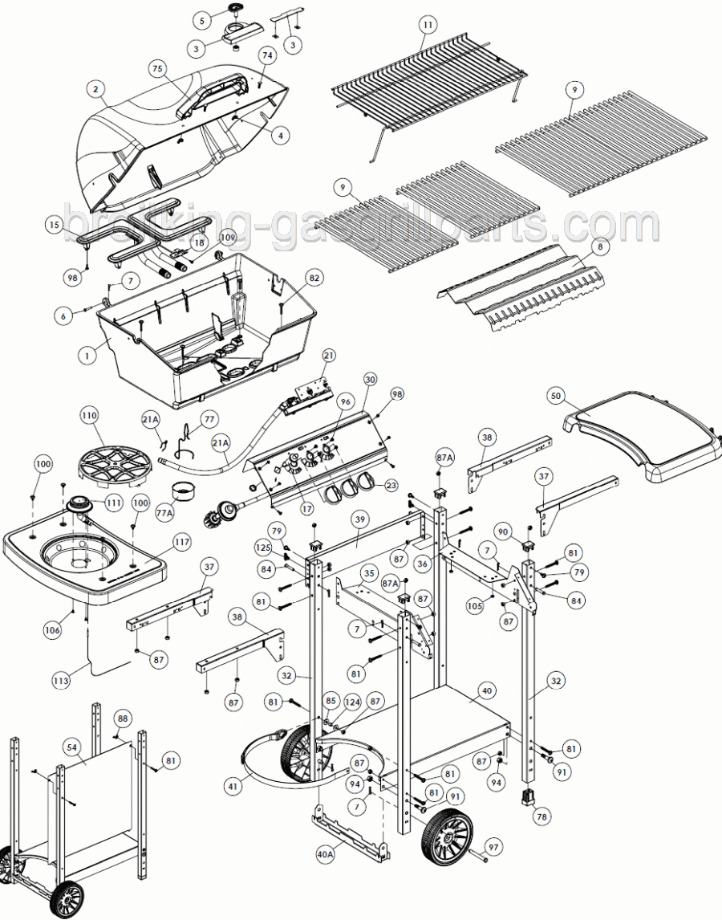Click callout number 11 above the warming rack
tap(428, 25)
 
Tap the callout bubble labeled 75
tap(157, 69)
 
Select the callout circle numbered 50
tap(557, 396)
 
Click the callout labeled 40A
tap(325, 856)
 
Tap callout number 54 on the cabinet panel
tap(72, 747)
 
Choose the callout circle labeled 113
tap(61, 680)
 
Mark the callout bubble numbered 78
tap(543, 816)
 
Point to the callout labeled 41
tap(233, 788)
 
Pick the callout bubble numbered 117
tap(182, 543)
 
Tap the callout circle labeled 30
tap(369, 379)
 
